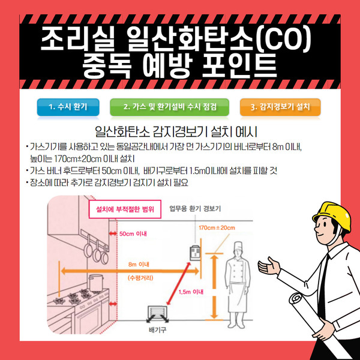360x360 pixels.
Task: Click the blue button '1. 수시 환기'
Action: [x=68, y=107]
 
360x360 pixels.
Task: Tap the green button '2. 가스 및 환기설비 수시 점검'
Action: [x=169, y=107]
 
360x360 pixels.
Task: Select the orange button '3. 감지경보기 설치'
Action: [x=280, y=107]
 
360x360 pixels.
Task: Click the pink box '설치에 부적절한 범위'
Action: [x=125, y=209]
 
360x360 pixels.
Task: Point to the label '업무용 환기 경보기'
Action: [x=195, y=209]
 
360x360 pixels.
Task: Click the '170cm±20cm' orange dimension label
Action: [x=217, y=228]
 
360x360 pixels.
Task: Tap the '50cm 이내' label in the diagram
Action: [x=133, y=234]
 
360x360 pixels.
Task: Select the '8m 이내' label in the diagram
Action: [x=139, y=264]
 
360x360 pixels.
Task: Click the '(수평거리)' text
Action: [x=140, y=278]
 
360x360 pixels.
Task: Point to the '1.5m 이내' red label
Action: [x=191, y=292]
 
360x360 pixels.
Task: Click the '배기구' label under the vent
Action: [x=157, y=330]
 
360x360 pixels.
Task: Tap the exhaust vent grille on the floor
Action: [x=157, y=314]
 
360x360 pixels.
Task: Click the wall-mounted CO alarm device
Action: [x=195, y=253]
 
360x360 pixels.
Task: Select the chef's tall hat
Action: [x=239, y=247]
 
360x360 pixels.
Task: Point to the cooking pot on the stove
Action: [x=96, y=283]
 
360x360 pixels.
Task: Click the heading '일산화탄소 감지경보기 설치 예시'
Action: [x=176, y=131]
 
